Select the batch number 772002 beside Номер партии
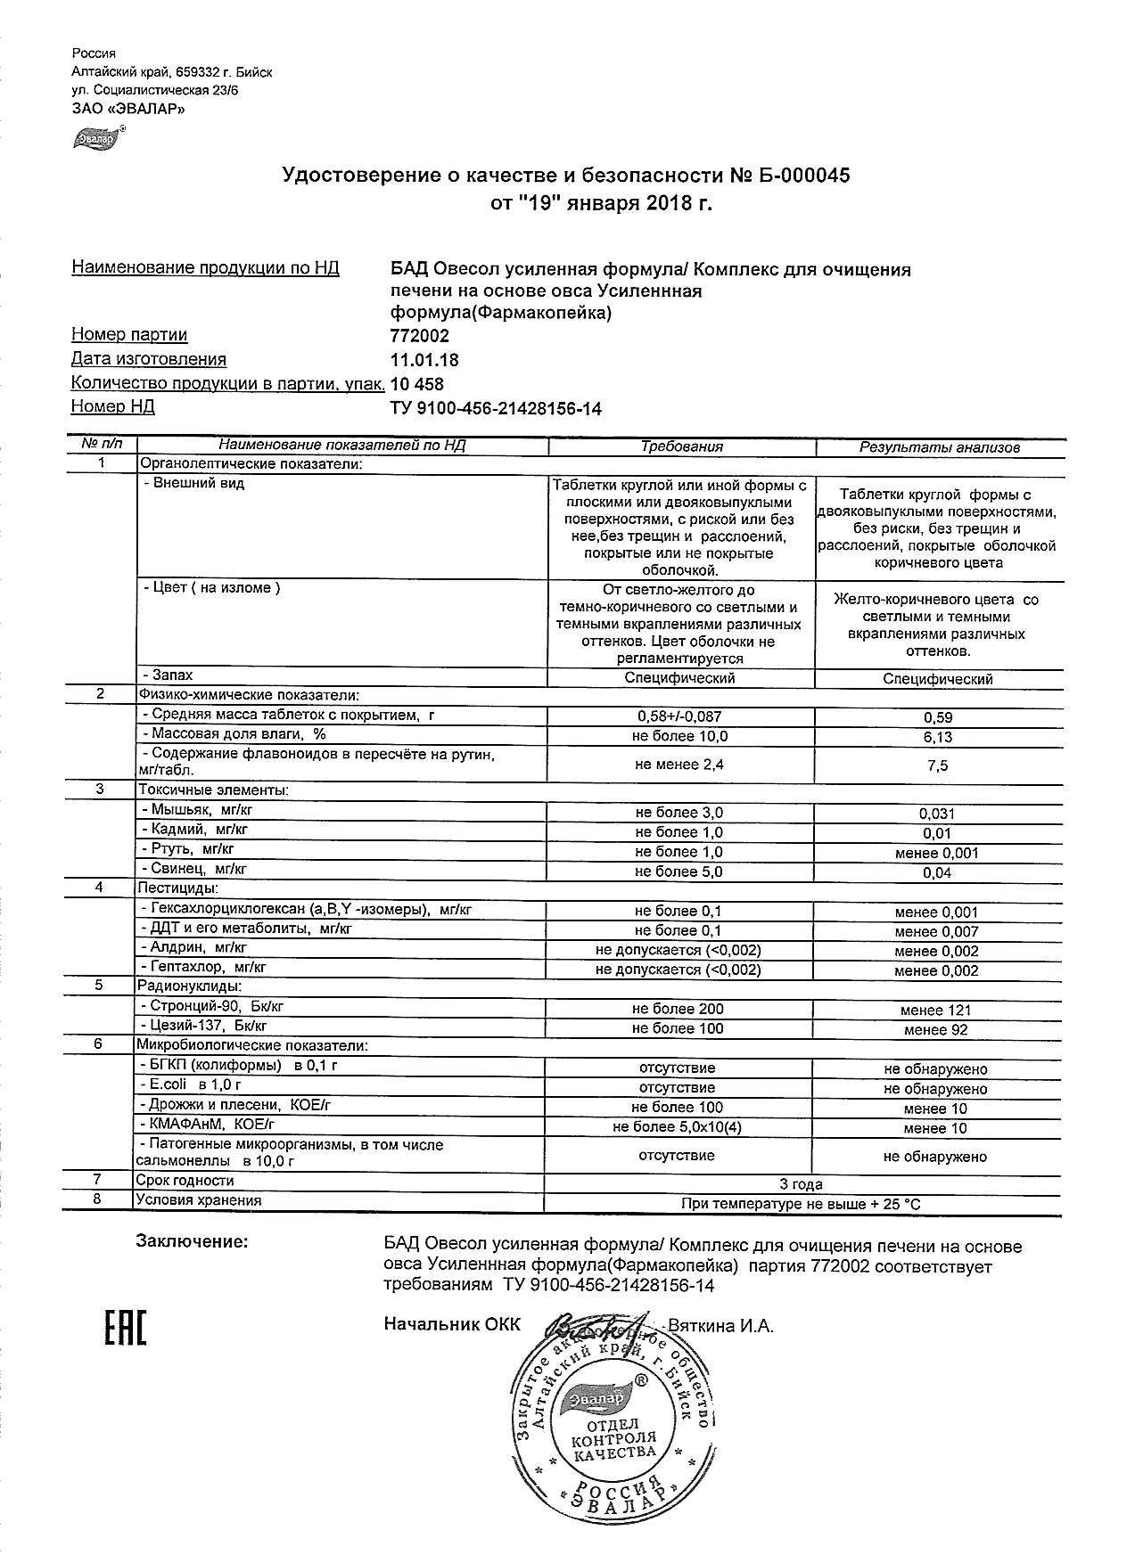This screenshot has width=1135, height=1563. [x=420, y=336]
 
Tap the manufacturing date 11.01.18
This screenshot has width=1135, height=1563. [x=425, y=360]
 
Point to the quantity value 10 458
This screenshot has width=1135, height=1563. [x=417, y=384]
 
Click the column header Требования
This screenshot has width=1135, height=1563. [x=682, y=446]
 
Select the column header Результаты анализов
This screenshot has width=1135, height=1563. [x=939, y=447]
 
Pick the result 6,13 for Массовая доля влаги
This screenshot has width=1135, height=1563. [x=938, y=737]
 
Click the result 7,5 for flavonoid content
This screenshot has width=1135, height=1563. [x=938, y=765]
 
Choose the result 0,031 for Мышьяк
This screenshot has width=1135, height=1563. [x=937, y=814]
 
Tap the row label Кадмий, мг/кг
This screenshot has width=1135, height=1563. [x=194, y=830]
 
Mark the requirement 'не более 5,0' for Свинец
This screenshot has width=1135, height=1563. [x=679, y=872]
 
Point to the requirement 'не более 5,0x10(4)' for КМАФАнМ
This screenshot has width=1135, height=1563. [x=678, y=1127]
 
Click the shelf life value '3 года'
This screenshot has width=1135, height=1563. [x=801, y=1184]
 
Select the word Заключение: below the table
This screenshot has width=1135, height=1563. [x=192, y=1241]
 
